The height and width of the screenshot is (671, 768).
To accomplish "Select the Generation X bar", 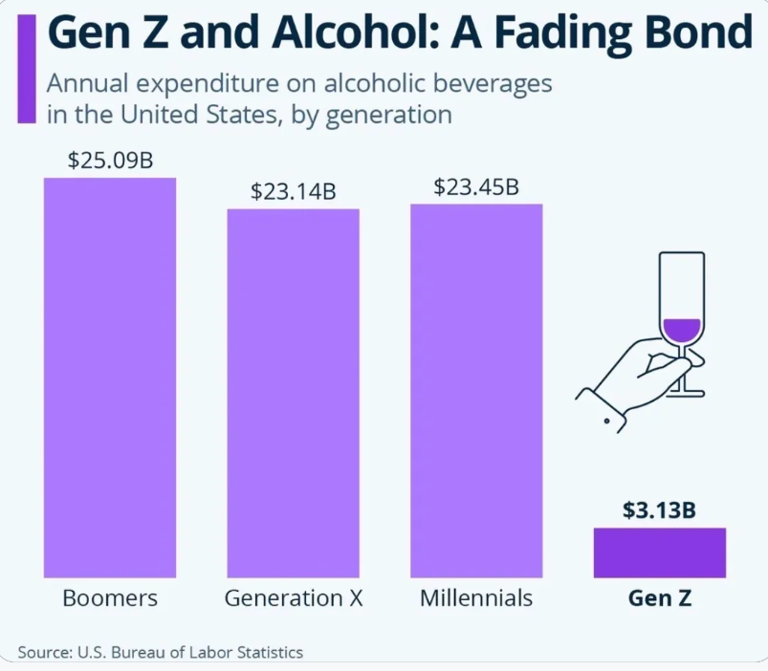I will [x=293, y=392].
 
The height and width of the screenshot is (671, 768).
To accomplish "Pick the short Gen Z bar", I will [x=660, y=552].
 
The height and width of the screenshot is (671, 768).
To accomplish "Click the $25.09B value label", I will [x=110, y=160].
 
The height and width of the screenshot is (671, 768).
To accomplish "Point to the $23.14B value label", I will [x=293, y=190].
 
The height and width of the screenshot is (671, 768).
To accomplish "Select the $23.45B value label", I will [x=476, y=185].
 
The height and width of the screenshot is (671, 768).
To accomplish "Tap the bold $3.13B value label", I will [x=659, y=509].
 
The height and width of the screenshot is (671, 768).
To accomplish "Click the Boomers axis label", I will [x=110, y=599].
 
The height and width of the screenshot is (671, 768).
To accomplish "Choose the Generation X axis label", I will [x=293, y=599].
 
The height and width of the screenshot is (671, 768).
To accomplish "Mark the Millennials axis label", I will [x=475, y=599].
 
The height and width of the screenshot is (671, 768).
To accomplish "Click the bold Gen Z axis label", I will [x=659, y=599].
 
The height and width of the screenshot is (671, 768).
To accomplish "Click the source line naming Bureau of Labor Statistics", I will [x=160, y=652].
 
